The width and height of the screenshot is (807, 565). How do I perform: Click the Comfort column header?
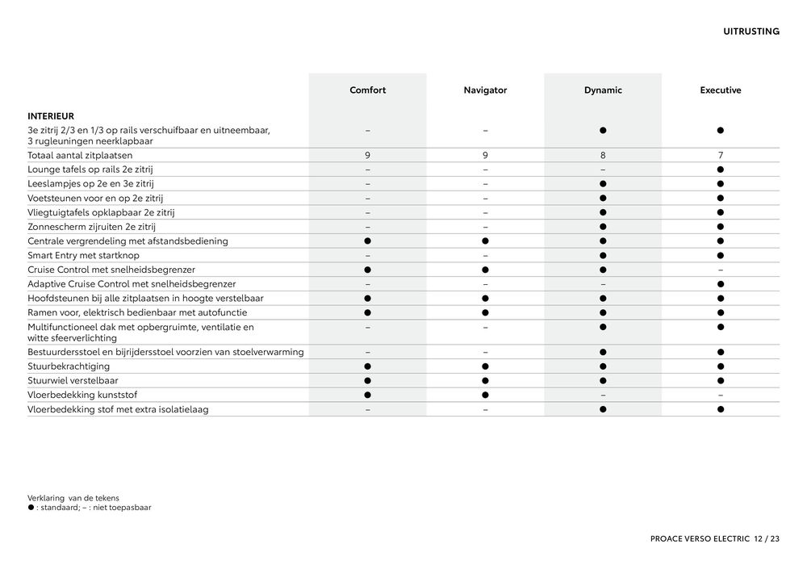coord(367,90)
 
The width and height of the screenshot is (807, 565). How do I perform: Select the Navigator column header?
coord(485,90)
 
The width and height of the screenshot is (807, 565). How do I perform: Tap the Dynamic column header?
coord(603,90)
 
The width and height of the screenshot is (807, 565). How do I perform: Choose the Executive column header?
coord(720,90)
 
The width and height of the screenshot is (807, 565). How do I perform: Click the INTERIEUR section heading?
coord(51,116)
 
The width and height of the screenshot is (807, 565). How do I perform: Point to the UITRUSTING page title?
coord(751,31)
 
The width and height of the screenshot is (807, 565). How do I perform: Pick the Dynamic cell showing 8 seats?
coord(603,155)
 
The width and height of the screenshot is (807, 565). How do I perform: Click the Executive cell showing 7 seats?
coord(720,155)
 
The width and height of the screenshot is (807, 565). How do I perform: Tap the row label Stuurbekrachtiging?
coord(69,366)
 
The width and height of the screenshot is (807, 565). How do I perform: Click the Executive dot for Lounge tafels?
coord(720,169)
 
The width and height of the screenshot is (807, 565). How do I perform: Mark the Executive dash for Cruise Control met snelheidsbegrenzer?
coord(720,270)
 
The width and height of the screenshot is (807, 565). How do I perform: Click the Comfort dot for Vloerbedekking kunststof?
coord(367,395)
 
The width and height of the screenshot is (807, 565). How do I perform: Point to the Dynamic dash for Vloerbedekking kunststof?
coord(603,395)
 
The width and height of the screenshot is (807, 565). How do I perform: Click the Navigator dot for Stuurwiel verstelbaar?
coord(485,381)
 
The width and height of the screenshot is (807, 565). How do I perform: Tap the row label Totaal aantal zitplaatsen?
coord(80,155)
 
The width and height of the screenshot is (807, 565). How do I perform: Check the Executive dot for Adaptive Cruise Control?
coord(720,284)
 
